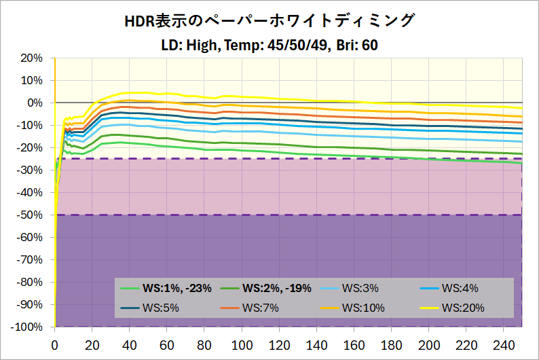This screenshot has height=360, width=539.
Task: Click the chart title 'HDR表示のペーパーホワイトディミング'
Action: pos(269,22)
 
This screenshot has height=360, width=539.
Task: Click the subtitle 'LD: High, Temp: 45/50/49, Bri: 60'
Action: pos(269,45)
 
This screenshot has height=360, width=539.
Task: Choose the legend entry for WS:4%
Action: pos(460,288)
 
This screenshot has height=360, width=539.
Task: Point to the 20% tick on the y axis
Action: pos(32,58)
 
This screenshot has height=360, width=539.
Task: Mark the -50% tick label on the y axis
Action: pos(29,215)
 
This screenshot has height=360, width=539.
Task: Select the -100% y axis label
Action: pos(26,327)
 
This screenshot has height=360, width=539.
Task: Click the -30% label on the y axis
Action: pos(29,170)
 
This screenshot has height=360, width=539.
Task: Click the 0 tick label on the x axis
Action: pos(54,344)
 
